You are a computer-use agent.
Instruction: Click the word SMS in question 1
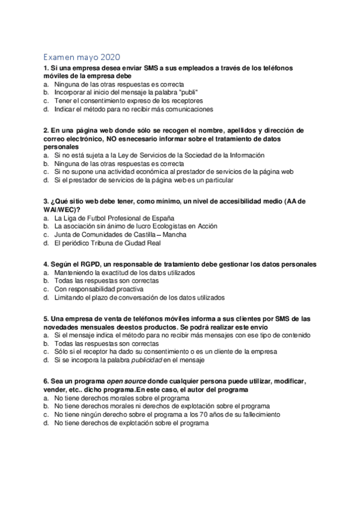pyautogui.click(x=143, y=68)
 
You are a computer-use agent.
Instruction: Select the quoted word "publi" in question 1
pyautogui.click(x=188, y=93)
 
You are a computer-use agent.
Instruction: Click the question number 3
pyautogui.click(x=46, y=200)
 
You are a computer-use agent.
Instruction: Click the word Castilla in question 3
pyautogui.click(x=148, y=235)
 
